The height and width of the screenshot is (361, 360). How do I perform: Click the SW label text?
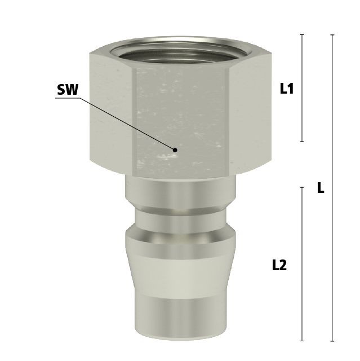[x=68, y=90]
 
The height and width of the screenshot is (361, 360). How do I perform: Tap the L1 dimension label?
[x=287, y=89]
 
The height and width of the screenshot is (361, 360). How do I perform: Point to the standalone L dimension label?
[x=321, y=188]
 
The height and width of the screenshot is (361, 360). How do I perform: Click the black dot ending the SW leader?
[x=175, y=150]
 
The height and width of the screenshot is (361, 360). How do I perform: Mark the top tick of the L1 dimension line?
[x=302, y=34]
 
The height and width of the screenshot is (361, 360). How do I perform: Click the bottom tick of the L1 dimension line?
[x=302, y=142]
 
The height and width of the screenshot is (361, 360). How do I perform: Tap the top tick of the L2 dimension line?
[x=302, y=187]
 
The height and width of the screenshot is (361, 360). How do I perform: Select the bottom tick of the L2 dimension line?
[x=302, y=341]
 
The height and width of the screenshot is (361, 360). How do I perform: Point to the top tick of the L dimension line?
[x=332, y=35]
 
